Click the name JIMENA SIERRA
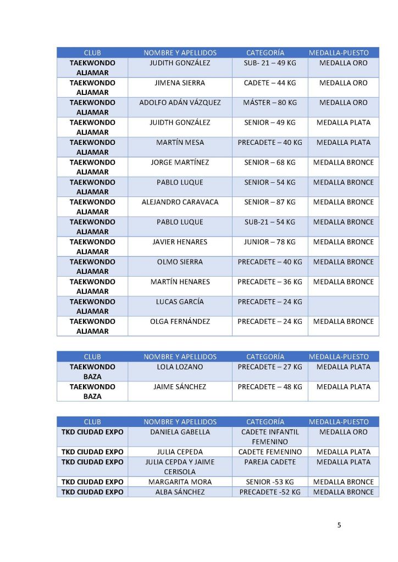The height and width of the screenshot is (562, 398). pos(180,83)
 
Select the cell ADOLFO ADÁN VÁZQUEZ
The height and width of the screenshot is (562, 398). pos(180,103)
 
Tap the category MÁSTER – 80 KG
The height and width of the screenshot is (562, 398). pos(269,103)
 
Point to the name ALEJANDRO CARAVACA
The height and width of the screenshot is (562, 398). pos(180,202)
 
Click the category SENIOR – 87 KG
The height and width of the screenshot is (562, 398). pos(269,202)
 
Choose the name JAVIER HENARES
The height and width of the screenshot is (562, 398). pos(180,242)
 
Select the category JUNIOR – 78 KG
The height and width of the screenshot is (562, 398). pos(269,242)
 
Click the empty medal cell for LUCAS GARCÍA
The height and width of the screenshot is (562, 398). pos(343,306)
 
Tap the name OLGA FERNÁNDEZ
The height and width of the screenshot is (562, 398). pos(180,322)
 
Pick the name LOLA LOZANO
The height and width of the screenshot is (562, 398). pos(180,367)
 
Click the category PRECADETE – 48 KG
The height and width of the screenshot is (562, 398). pos(269,387)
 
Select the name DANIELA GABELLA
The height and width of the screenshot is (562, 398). pos(180,432)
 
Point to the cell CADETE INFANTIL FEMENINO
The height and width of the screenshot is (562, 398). pos(269,437)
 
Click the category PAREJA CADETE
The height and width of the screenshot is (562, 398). pos(269,462)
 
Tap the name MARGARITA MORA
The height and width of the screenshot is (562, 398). pos(180,482)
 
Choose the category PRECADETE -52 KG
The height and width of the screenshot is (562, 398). pos(269,492)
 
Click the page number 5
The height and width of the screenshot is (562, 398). pos(339,525)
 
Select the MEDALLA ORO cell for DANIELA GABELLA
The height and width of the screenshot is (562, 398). pos(343,432)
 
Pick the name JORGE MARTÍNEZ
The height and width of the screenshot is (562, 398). pos(180,162)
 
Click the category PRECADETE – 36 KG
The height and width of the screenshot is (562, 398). pos(269,282)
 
